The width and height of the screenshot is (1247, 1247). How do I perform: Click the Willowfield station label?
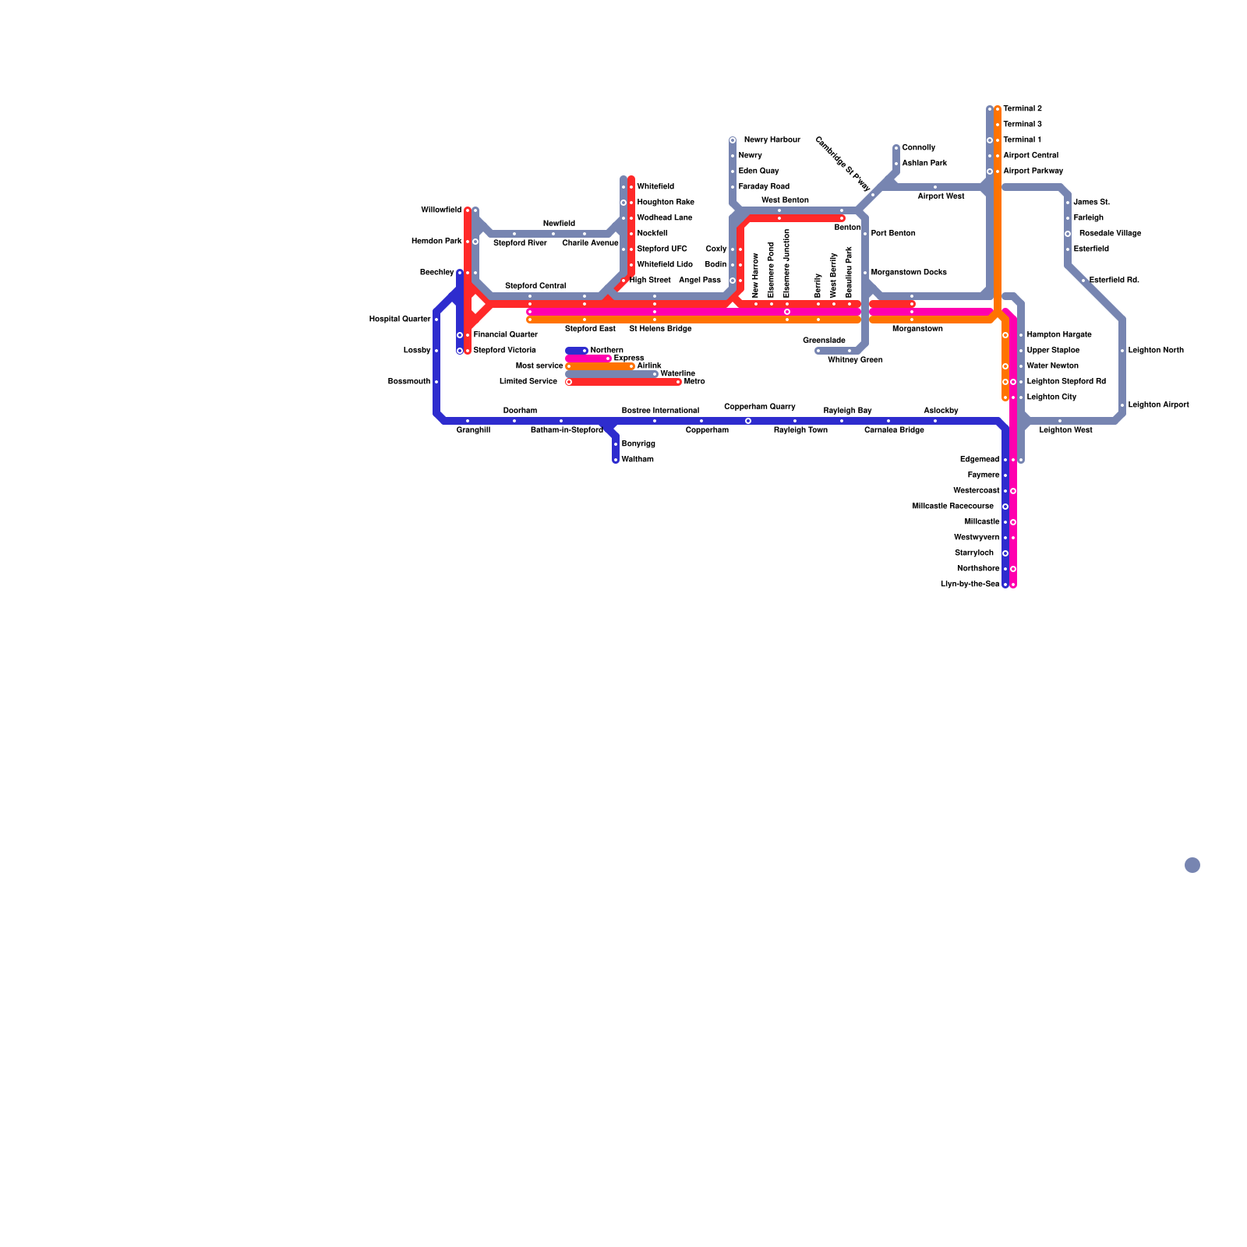(440, 210)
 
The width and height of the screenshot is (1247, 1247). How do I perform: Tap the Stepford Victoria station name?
(504, 351)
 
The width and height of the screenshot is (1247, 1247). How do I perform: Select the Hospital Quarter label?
(400, 320)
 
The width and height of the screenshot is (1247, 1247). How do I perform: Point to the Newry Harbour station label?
(772, 140)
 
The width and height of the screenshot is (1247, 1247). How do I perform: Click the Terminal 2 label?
(1022, 109)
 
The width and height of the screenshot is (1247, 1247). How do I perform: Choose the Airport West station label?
(941, 196)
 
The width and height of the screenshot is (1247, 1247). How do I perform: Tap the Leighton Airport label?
(1158, 405)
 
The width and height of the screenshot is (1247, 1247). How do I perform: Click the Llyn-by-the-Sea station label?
(970, 585)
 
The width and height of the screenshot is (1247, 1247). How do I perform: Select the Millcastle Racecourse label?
(952, 507)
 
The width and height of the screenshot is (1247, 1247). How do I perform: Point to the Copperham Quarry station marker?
(748, 421)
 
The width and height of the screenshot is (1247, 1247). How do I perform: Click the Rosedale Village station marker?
(1068, 234)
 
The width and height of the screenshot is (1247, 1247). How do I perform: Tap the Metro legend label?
(694, 382)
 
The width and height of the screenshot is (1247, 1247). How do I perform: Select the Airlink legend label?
(649, 366)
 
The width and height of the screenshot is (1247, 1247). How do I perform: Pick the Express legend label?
(629, 359)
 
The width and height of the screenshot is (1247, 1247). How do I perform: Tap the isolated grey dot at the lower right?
(1192, 865)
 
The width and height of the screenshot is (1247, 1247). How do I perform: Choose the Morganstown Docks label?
(909, 273)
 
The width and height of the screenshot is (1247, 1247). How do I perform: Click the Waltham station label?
(638, 460)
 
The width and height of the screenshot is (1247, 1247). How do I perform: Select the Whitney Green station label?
(855, 360)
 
